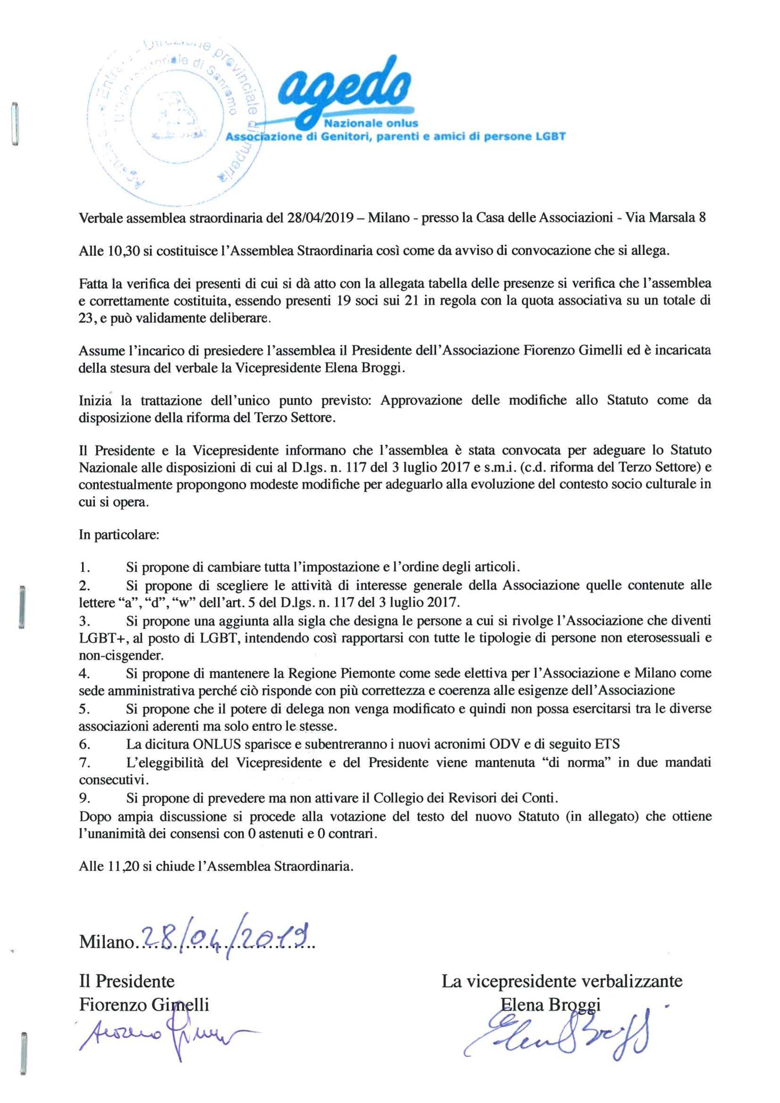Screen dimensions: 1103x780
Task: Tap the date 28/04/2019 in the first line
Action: coord(320,218)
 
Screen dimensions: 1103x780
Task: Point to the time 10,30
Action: coord(124,251)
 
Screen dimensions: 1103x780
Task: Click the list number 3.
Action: coord(84,621)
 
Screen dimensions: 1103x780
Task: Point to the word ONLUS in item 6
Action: coord(217,745)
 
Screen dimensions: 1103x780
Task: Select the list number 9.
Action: coord(84,798)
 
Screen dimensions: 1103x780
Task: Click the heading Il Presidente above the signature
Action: coord(127,981)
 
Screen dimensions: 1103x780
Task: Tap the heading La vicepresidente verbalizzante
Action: coord(562,981)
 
